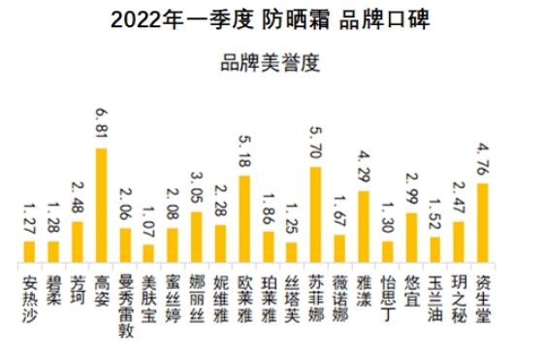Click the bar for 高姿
pos(102,205)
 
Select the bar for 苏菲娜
pos(316,214)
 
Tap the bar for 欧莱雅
pos(244,218)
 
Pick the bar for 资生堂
pos(483,222)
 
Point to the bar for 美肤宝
pos(149,252)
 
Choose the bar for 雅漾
pos(364,226)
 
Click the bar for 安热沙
pos(30,250)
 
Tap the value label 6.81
pos(101,125)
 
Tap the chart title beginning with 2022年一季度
pos(271,18)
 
